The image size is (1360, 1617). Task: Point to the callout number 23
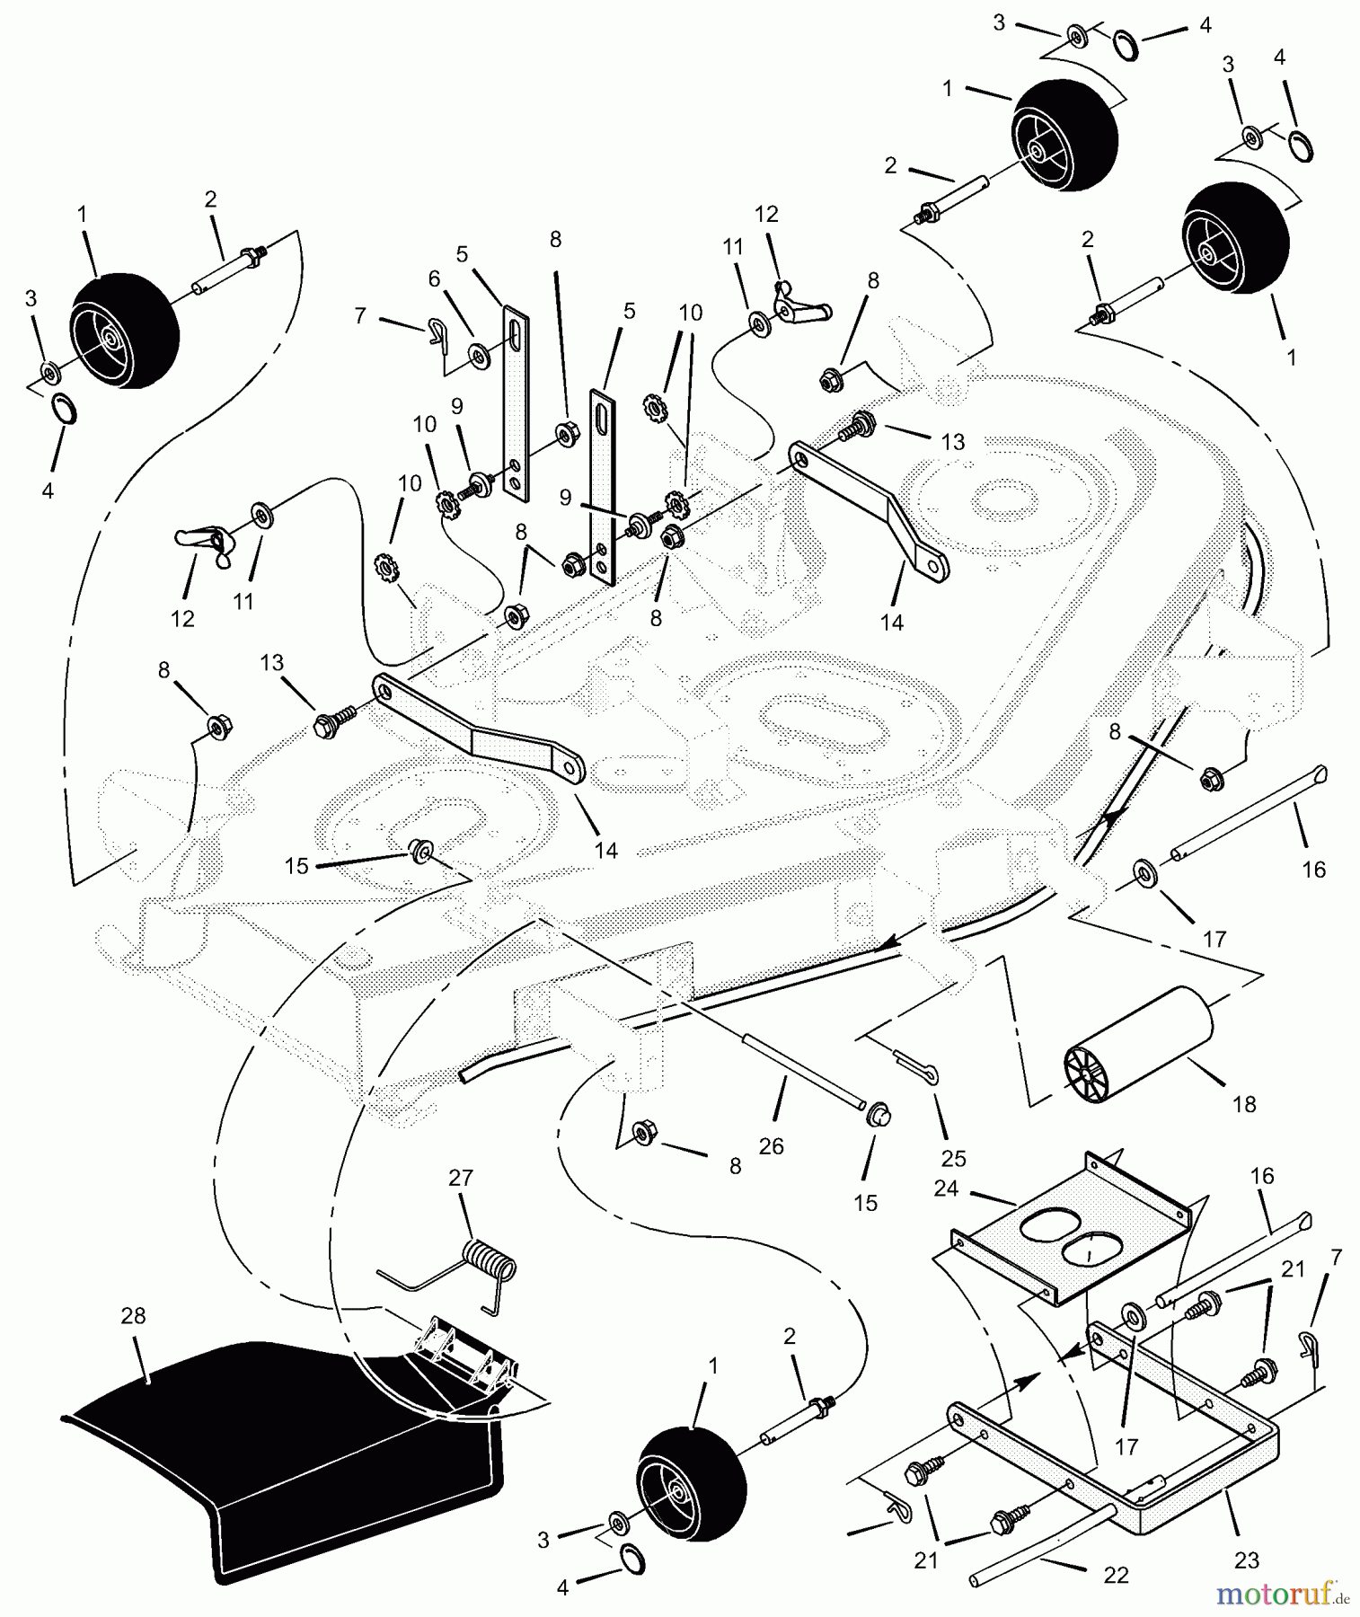[1247, 1560]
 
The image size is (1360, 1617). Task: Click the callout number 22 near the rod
[1115, 1575]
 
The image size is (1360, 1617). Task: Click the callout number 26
[771, 1145]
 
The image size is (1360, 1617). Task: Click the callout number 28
[133, 1316]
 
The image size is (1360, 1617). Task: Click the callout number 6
[435, 279]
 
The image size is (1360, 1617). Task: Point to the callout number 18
[1244, 1104]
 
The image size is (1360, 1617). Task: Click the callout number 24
[947, 1188]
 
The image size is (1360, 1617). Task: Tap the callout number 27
[461, 1178]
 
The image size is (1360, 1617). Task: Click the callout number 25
[953, 1158]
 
